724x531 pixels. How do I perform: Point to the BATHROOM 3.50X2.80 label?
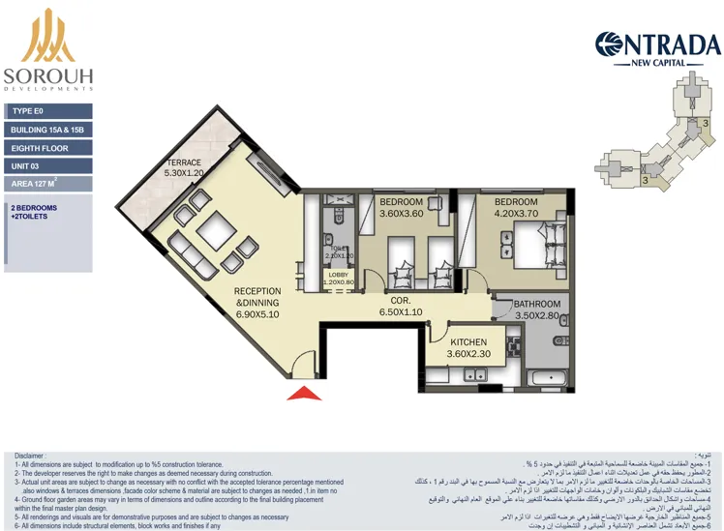point(536,310)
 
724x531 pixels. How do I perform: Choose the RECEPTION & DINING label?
point(257,302)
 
